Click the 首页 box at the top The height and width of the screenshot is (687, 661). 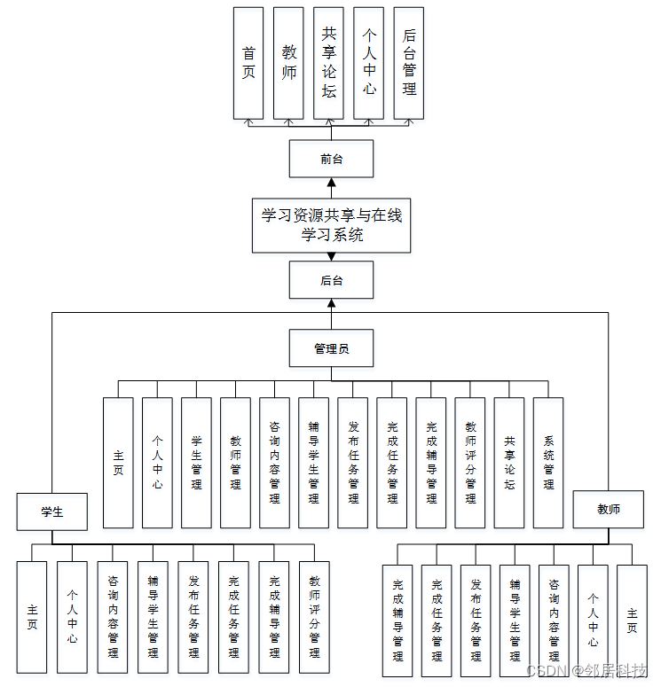(x=248, y=63)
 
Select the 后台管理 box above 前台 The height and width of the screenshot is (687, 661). (x=409, y=63)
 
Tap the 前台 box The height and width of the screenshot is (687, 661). (x=331, y=159)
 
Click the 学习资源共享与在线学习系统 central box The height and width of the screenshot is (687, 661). (x=331, y=225)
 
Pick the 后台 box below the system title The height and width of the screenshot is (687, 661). (x=331, y=280)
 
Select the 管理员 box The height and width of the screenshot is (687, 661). (x=331, y=348)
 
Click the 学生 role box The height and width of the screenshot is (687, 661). (x=52, y=511)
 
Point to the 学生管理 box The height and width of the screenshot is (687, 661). (x=196, y=463)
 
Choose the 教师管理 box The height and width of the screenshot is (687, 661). (x=235, y=463)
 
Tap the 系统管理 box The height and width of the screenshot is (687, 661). (x=548, y=463)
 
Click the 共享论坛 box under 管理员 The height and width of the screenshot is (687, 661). (x=509, y=463)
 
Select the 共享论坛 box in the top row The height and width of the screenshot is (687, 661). (x=329, y=63)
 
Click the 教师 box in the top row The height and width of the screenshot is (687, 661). (x=289, y=63)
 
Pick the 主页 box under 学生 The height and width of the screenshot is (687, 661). (x=32, y=617)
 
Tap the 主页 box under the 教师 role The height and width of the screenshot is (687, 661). (x=632, y=621)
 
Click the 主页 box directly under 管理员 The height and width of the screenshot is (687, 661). (x=118, y=463)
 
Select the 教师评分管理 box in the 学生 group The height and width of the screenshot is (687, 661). (x=314, y=617)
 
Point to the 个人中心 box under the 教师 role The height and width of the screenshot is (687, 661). (x=593, y=621)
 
